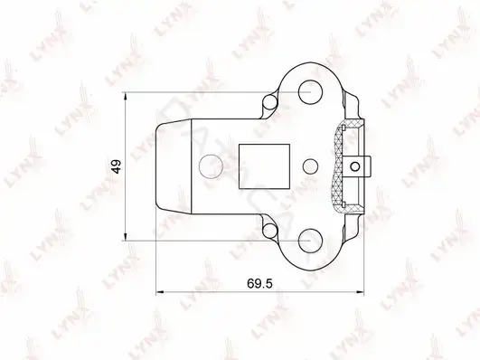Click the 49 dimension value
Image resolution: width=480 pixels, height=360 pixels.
(x=117, y=166)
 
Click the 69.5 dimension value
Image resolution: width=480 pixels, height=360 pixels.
(x=259, y=284)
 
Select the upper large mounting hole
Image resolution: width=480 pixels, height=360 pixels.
(x=310, y=92)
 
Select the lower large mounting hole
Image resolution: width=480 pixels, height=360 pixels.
(x=310, y=241)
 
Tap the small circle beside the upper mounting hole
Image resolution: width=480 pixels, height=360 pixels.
(x=270, y=102)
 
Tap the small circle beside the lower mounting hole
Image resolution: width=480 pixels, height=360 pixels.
(x=270, y=231)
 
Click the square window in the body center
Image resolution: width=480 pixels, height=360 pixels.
(x=264, y=166)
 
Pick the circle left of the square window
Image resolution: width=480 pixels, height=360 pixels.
(x=211, y=166)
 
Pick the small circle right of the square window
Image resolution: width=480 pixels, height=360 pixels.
(x=310, y=166)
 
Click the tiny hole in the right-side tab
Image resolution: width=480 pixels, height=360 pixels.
(x=355, y=166)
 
